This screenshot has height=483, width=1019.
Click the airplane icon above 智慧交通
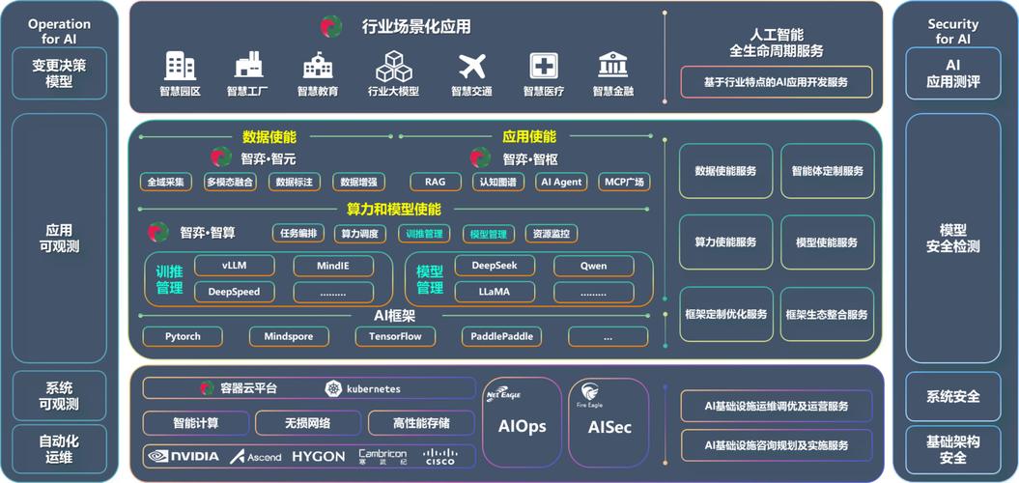click(471, 66)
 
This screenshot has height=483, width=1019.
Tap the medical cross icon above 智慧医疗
click(544, 66)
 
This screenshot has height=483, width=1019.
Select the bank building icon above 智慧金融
click(612, 66)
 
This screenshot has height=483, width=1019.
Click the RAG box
click(436, 182)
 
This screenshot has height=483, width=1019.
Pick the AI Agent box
click(561, 182)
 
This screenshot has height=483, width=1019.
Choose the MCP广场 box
click(624, 182)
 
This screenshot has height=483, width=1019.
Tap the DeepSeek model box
click(495, 266)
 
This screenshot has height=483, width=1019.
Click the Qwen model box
click(593, 266)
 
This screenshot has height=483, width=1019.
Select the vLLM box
click(234, 266)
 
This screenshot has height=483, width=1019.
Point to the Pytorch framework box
click(183, 336)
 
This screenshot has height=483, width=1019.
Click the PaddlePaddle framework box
click(501, 336)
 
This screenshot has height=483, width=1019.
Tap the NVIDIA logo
click(183, 456)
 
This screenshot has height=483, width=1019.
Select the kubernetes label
click(363, 388)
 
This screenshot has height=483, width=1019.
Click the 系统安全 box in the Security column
click(952, 396)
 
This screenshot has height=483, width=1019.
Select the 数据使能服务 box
click(725, 171)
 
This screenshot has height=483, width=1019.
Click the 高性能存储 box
click(420, 423)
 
